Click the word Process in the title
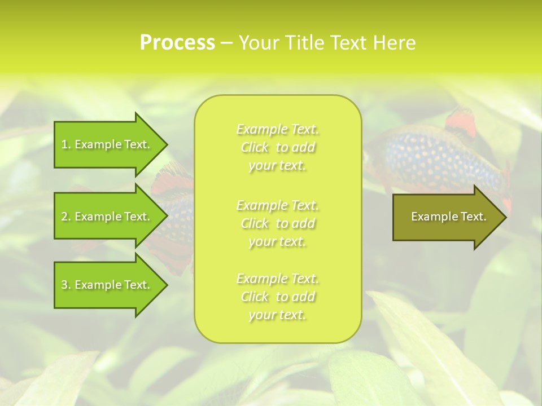(177, 43)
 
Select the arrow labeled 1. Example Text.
(107, 144)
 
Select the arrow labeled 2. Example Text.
(107, 217)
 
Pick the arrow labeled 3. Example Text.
(107, 285)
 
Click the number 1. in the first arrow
(65, 144)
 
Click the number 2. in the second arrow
(65, 217)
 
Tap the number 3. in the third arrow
(65, 285)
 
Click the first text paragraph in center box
(277, 147)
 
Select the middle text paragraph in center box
(277, 223)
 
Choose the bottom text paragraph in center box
(277, 297)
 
